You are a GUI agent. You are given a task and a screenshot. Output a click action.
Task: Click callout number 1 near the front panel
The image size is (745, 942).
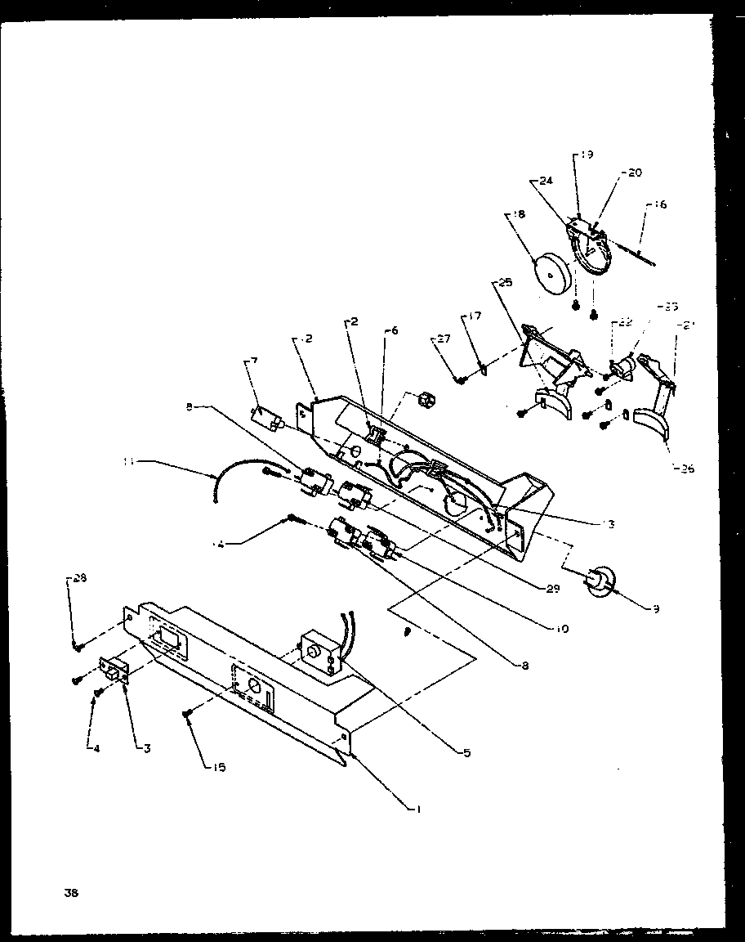[418, 809]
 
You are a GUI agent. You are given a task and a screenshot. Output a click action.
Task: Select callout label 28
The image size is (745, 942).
[78, 578]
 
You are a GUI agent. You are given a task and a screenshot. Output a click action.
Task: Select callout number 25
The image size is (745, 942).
[504, 282]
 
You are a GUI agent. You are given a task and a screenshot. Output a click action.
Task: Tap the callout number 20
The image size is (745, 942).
[635, 173]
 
